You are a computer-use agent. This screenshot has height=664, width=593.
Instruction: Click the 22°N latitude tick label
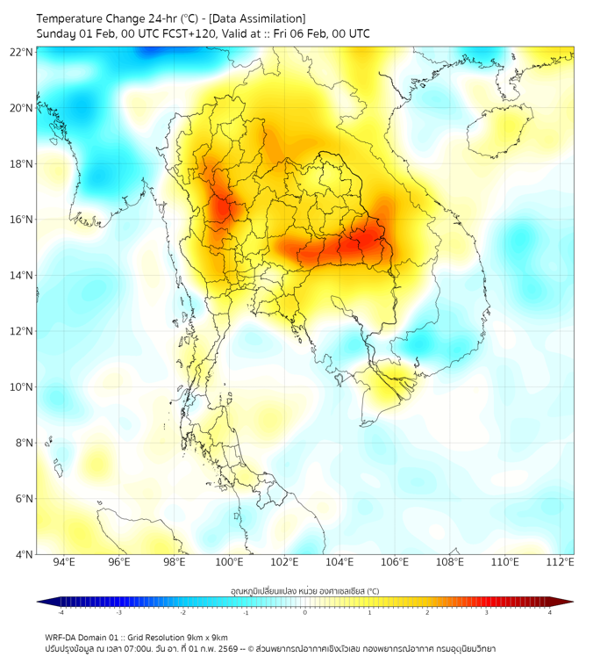[22, 52]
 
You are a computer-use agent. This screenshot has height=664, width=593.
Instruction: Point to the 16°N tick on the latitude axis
[22, 220]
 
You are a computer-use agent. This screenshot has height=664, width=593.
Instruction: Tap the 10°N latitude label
[22, 387]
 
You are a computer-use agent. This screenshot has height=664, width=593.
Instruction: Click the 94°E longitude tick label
[64, 562]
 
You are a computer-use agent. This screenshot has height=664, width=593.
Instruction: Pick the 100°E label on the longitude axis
[230, 562]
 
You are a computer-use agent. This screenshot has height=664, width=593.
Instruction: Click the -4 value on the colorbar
[61, 612]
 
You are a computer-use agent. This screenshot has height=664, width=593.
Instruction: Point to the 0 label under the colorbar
[305, 612]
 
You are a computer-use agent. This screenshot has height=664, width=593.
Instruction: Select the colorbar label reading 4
[550, 612]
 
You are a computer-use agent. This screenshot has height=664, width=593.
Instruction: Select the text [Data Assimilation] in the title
[257, 18]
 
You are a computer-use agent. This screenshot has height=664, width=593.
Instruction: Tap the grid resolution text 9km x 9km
[206, 637]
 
